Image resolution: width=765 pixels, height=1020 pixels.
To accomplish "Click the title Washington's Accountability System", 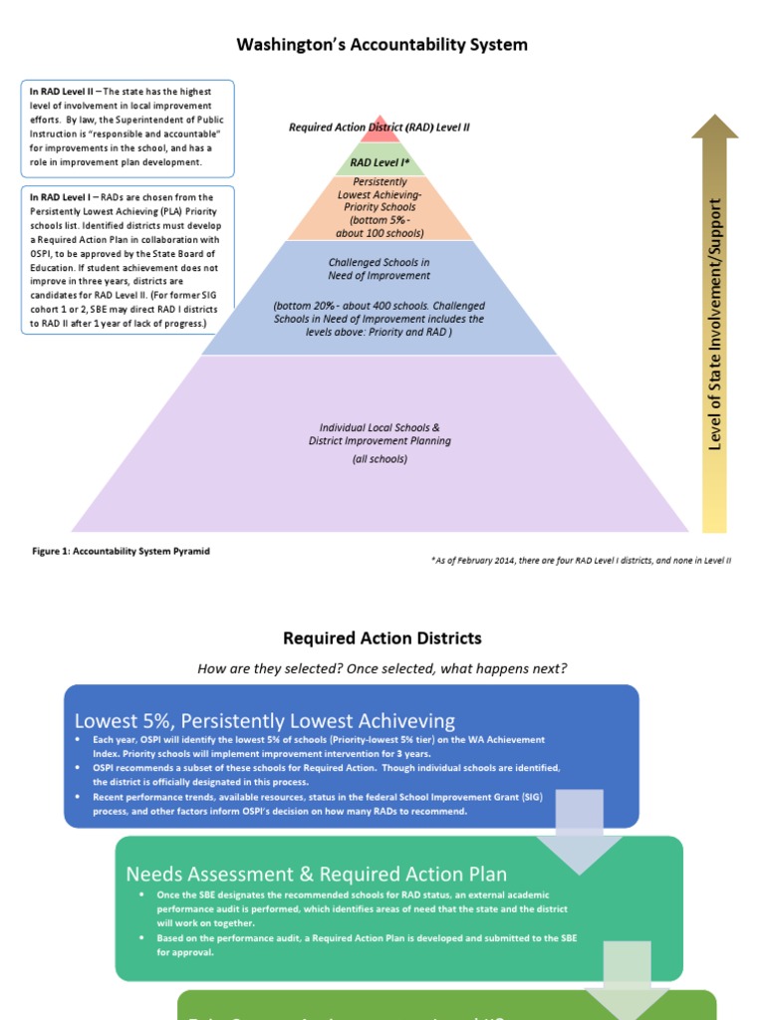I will point(382,45).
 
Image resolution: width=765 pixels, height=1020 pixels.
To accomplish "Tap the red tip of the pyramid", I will point(381,132).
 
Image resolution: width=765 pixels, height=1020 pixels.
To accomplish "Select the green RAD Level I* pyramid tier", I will point(381,161).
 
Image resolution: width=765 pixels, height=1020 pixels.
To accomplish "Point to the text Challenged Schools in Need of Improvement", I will point(380,269).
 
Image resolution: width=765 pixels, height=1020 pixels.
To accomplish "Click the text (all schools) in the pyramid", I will point(380,459).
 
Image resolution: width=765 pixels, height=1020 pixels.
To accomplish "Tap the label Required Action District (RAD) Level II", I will point(380,127).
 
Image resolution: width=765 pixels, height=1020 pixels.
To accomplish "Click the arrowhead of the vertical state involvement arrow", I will point(715,127).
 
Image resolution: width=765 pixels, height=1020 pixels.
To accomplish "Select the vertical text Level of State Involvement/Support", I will point(715,324).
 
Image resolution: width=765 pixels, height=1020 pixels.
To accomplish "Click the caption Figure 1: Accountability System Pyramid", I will point(122,551).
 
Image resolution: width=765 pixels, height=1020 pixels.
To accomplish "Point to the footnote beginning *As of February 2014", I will point(581,561).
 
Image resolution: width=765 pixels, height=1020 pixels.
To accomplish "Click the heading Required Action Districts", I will point(382,638).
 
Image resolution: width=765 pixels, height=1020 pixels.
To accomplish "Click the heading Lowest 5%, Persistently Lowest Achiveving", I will point(265,720).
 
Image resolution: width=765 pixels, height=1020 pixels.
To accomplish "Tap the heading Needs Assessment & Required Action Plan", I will point(316,874).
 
